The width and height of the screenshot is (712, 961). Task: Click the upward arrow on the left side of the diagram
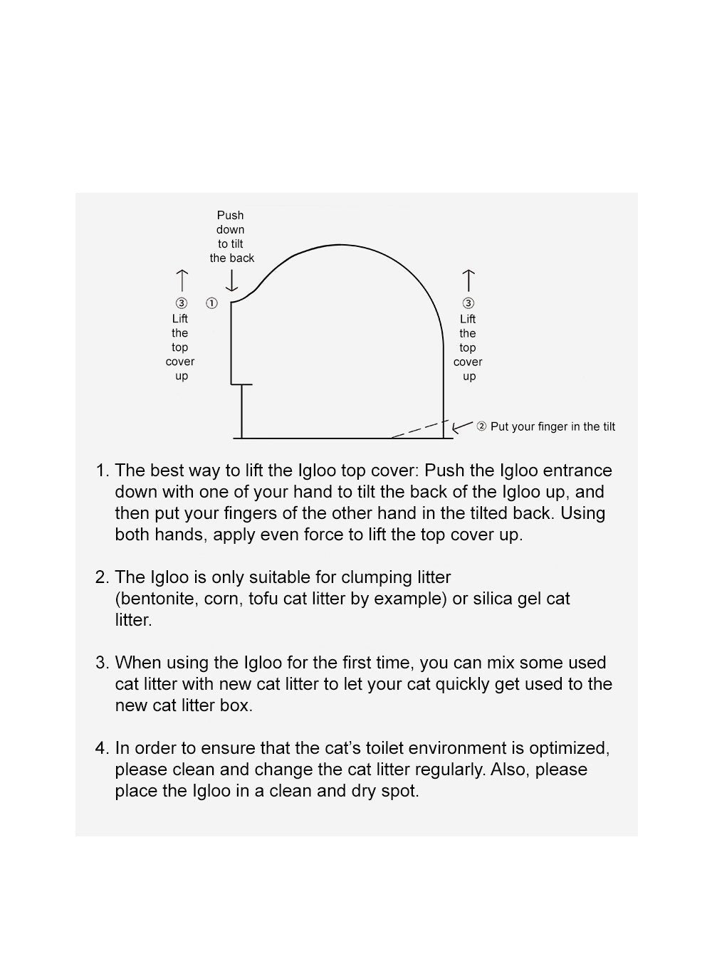182,280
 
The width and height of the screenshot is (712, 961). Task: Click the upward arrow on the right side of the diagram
468,280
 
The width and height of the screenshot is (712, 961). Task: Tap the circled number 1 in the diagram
211,303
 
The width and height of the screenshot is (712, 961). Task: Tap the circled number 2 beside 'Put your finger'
481,426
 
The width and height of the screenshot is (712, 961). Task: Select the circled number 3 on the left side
182,303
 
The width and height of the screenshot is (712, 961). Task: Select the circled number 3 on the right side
468,304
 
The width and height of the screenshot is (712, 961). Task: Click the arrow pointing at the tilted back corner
462,426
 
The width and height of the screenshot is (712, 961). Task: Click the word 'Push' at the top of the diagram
230,215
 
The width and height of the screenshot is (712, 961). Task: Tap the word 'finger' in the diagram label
560,426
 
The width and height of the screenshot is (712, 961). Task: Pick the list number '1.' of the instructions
103,471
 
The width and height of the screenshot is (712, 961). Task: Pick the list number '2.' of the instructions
103,577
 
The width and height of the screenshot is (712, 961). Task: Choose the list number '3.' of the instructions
103,663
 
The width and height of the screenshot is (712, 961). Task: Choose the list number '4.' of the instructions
103,748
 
